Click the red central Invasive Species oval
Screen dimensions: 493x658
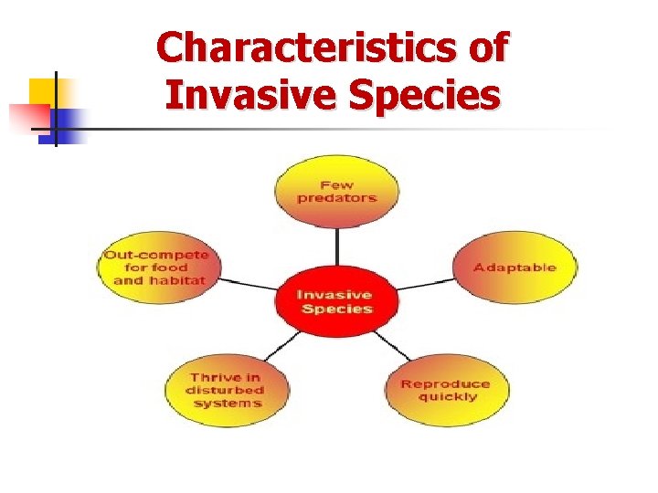(335, 302)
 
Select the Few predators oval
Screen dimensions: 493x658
(336, 191)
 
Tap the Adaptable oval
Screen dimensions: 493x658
(515, 267)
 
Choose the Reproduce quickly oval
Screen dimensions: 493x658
(446, 390)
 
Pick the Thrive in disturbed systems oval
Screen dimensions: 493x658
(227, 390)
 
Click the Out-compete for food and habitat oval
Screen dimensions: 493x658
(158, 267)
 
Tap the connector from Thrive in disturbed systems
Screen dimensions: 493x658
(281, 346)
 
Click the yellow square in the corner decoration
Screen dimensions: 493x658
(43, 92)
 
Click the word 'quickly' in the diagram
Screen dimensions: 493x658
(447, 397)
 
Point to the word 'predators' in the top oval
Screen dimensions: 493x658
(336, 198)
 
